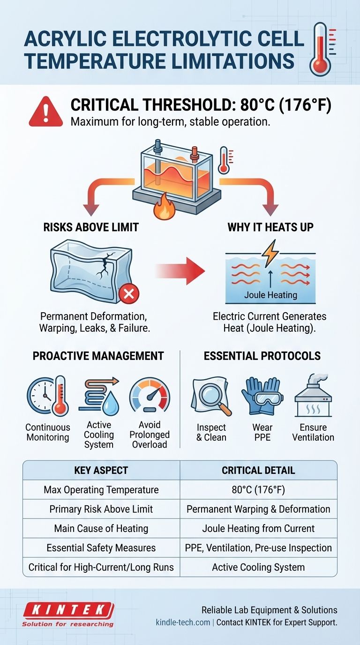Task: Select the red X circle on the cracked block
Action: point(129,294)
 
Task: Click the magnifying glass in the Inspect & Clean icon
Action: point(214,398)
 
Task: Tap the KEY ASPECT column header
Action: point(101,471)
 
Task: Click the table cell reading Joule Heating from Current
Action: point(258,528)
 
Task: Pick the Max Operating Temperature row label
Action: point(101,490)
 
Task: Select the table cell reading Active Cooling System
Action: point(258,567)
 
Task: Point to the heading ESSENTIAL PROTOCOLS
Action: point(262,356)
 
